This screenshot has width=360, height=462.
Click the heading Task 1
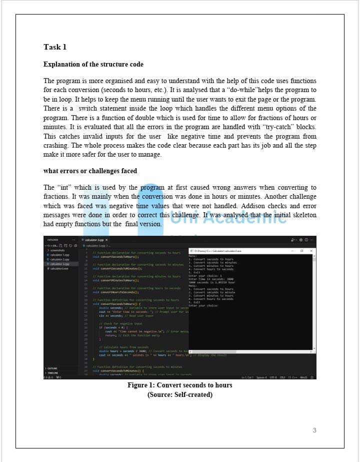[55, 47]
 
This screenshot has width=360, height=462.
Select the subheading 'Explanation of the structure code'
[93, 65]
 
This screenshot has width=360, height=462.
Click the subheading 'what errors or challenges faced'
[90, 171]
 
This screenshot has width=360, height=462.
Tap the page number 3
[314, 430]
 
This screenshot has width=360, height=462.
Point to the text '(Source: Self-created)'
[179, 395]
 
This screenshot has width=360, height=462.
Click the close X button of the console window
[310, 251]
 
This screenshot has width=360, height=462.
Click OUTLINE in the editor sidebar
[51, 368]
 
